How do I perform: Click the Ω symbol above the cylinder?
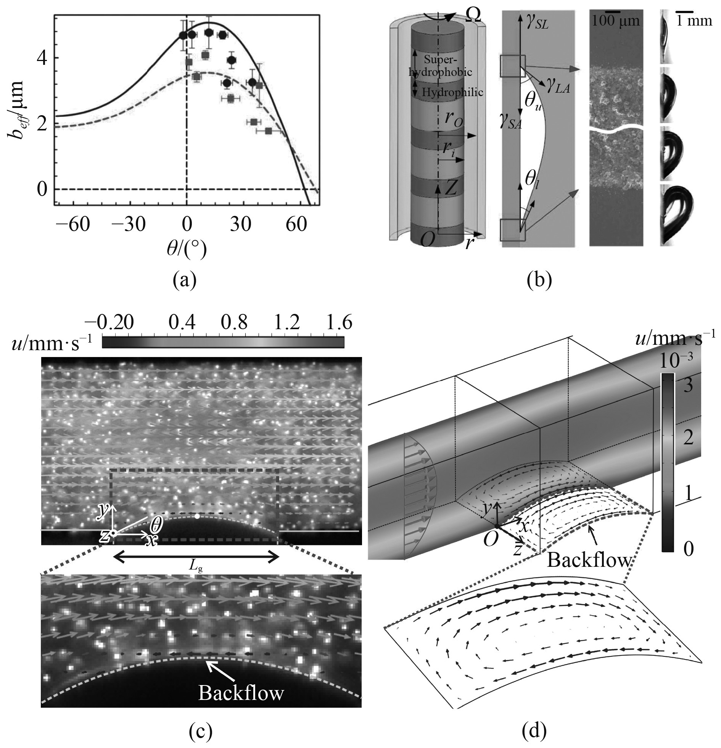pos(471,16)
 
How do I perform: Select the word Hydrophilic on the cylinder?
pos(452,92)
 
